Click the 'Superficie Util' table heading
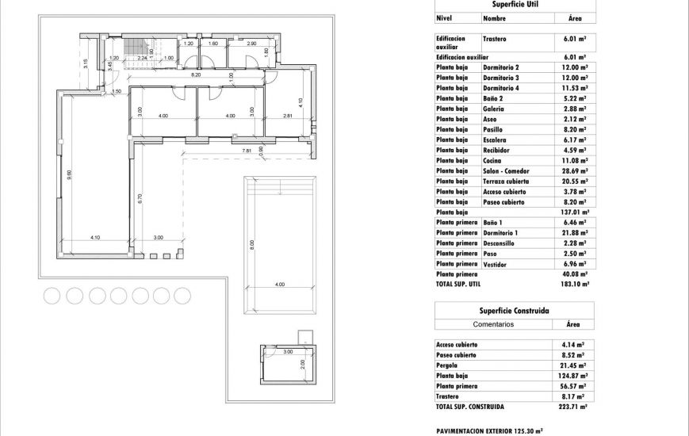click(x=515, y=4)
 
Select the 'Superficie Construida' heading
click(x=515, y=312)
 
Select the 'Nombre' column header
click(x=494, y=17)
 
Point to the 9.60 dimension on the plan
click(x=69, y=176)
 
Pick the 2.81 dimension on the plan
click(x=289, y=117)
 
